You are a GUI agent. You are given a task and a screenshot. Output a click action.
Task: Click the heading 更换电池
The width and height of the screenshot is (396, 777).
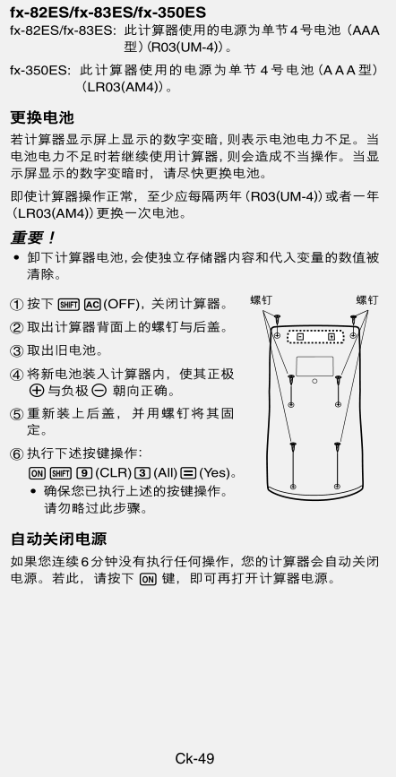point(42,118)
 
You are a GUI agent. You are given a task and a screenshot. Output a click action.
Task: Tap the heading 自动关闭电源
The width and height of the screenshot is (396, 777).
point(58,539)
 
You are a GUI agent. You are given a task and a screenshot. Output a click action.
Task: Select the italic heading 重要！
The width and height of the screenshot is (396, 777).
point(34,237)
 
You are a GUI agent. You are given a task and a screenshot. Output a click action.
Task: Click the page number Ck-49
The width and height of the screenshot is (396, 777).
point(194,758)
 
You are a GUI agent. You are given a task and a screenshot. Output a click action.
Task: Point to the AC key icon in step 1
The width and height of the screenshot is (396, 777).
point(92,304)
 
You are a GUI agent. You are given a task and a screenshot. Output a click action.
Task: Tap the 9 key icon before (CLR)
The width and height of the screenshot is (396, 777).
point(84,472)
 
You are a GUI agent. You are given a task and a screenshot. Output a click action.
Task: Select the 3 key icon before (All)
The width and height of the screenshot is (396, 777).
point(142,472)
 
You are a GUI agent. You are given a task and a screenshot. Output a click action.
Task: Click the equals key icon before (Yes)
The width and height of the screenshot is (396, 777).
point(188,472)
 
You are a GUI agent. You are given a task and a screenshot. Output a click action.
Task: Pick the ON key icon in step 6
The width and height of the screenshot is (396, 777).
point(37,472)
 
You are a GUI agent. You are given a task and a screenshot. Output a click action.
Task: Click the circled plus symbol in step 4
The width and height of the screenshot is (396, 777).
point(36,391)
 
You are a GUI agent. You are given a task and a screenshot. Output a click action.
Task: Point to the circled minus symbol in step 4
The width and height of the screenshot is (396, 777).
point(99,391)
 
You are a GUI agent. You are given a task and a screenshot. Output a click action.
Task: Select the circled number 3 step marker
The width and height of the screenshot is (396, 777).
point(17,350)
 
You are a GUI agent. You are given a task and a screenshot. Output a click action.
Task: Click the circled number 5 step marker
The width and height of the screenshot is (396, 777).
point(17,414)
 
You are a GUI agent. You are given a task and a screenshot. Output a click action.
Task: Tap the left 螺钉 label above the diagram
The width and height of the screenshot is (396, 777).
point(261,300)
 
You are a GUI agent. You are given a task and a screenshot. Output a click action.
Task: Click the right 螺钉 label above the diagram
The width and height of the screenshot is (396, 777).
point(366,300)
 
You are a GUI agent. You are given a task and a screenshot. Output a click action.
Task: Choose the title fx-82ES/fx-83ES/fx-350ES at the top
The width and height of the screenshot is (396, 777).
point(108,12)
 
